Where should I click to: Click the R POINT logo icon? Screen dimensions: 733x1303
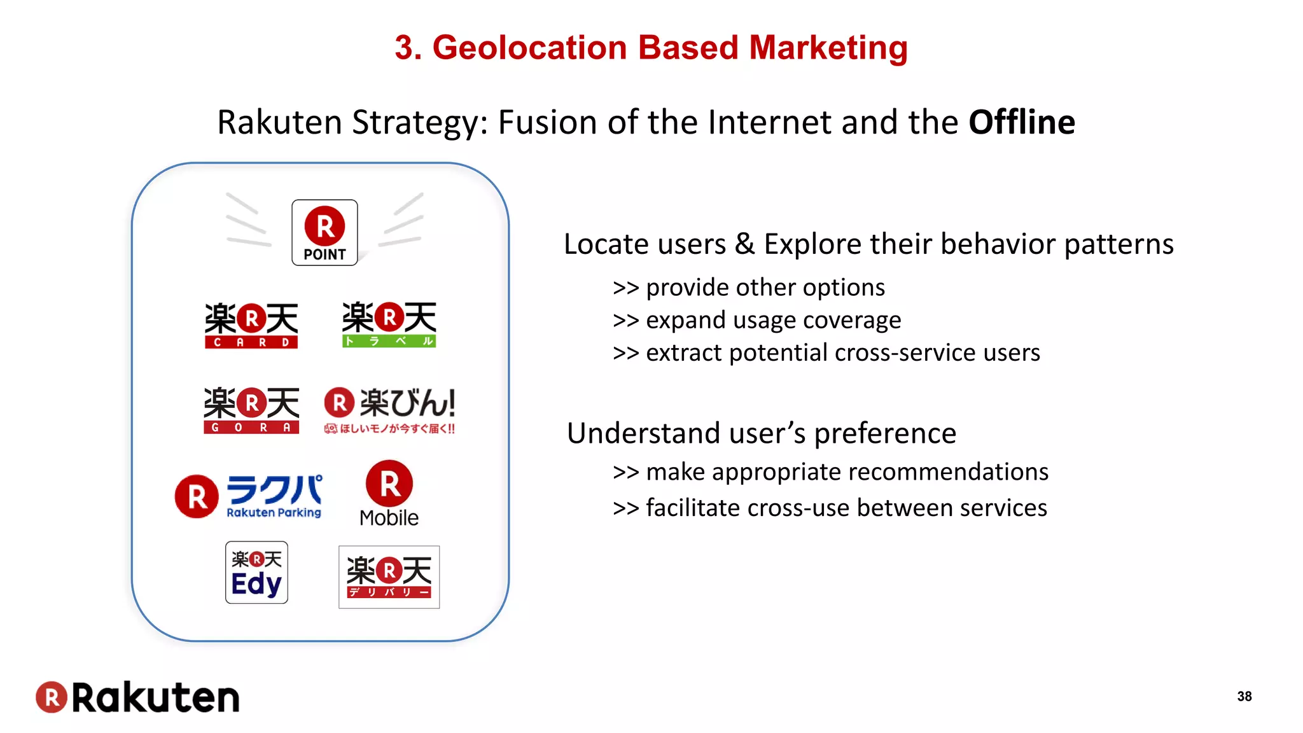coord(324,233)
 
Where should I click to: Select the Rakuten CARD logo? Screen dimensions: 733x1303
coord(251,325)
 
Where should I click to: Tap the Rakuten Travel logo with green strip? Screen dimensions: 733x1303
coord(389,325)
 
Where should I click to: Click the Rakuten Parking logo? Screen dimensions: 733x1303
coord(249,496)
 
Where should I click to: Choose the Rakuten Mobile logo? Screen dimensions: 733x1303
coord(389,494)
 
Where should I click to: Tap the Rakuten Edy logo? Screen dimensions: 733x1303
coord(256,573)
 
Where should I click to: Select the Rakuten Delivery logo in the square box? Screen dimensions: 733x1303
coord(389,577)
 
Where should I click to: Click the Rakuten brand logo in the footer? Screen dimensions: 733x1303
coord(137,697)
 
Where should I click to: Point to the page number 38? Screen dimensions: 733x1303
coord(1244,696)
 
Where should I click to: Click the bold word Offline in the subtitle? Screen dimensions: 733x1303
coord(1021,122)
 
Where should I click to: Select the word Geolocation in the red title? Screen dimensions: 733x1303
coord(529,48)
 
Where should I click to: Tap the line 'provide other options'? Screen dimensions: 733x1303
coord(748,288)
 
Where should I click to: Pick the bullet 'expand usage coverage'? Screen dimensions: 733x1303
coord(756,320)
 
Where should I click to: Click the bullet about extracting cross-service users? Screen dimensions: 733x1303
coord(826,353)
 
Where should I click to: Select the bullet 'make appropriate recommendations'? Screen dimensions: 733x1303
coord(830,472)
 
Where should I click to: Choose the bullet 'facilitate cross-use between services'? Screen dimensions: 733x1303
coord(830,508)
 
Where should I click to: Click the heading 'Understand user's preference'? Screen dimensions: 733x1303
coord(761,433)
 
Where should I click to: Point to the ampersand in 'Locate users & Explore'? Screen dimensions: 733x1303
coord(744,244)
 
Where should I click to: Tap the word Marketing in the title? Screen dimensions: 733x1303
coord(828,48)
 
